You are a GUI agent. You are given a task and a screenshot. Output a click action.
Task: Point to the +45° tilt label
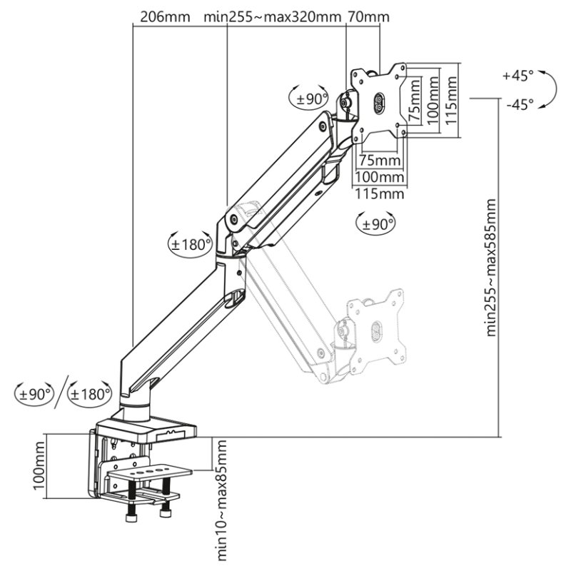pyautogui.click(x=517, y=75)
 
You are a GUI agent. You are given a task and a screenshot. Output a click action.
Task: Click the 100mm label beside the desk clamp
pyautogui.click(x=39, y=468)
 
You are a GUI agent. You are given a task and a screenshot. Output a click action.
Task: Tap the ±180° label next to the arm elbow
pyautogui.click(x=191, y=243)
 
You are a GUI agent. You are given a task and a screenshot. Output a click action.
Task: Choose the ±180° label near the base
pyautogui.click(x=91, y=392)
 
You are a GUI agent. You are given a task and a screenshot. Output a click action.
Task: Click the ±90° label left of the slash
pyautogui.click(x=35, y=392)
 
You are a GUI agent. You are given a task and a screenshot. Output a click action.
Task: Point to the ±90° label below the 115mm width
pyautogui.click(x=375, y=223)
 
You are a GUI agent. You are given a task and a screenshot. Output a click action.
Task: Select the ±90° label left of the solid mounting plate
pyautogui.click(x=310, y=98)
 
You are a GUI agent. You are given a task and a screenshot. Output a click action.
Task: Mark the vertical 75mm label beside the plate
pyautogui.click(x=415, y=101)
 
